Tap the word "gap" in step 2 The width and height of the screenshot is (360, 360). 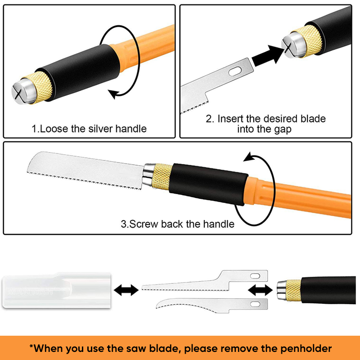coord(283,130)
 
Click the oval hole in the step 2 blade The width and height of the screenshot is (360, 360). coord(235,72)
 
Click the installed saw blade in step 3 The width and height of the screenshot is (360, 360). coord(86,170)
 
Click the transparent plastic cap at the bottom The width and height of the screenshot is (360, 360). coord(57,290)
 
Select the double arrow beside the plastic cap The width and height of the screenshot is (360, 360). coord(126,290)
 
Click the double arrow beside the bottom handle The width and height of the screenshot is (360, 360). coord(260,290)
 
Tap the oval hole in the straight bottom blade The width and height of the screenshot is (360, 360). coord(255,276)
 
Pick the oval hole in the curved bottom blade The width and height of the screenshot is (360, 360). coord(255,305)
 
